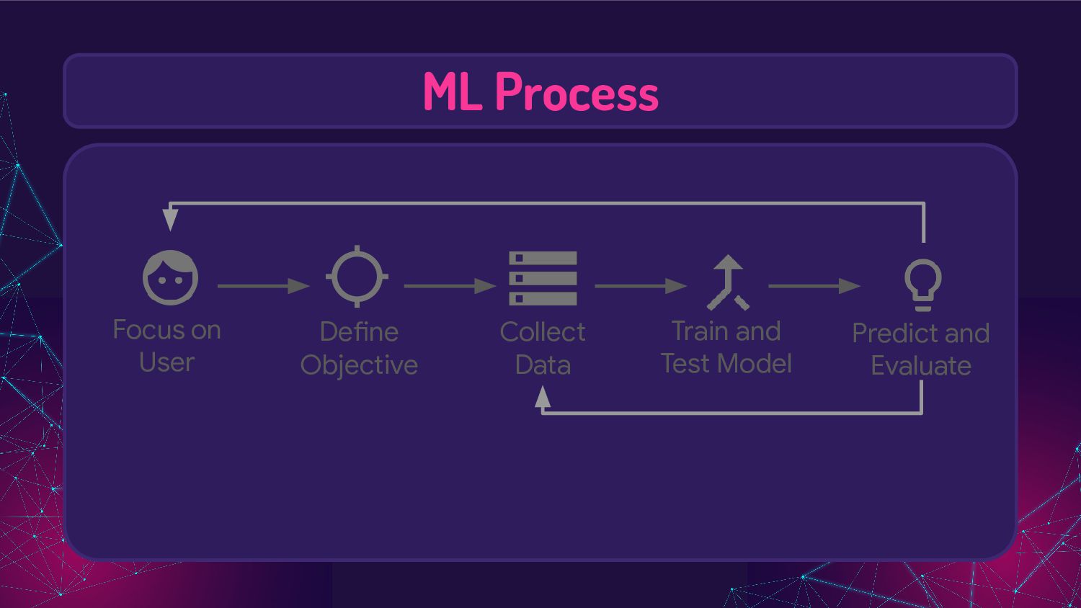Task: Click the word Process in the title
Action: (x=577, y=92)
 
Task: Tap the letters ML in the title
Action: (x=452, y=92)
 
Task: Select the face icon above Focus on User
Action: (x=170, y=277)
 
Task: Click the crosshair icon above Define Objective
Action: (x=357, y=277)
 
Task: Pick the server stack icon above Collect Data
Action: (x=543, y=278)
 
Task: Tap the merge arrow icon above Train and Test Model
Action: (x=728, y=282)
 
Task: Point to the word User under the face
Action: (x=166, y=362)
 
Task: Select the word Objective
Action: (x=359, y=365)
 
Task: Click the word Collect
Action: (x=543, y=332)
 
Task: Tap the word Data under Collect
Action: (x=543, y=365)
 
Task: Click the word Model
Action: (x=759, y=364)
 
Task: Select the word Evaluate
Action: (x=920, y=366)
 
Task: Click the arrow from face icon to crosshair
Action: (x=263, y=286)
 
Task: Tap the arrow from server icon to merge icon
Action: (x=640, y=286)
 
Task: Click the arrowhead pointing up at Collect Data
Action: (x=543, y=397)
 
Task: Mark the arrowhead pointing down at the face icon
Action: (x=170, y=218)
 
